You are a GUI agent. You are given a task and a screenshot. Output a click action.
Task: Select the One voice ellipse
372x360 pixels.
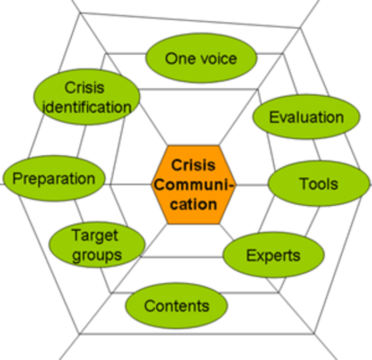click(x=201, y=58)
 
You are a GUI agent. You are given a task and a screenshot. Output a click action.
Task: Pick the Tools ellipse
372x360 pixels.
click(x=318, y=184)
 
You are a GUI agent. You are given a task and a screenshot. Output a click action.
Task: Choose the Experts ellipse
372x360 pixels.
click(x=273, y=255)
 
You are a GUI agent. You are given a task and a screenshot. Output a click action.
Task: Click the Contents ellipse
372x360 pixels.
click(x=176, y=306)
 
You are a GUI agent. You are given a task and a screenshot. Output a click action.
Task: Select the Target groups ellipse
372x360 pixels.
click(x=96, y=245)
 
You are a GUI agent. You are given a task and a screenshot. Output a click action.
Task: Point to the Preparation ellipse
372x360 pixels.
click(x=54, y=178)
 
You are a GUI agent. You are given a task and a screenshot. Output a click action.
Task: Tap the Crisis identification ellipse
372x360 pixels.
click(x=86, y=97)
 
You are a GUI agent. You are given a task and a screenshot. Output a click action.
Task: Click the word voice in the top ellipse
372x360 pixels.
click(x=218, y=58)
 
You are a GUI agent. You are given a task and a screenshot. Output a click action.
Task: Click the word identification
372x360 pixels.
click(x=87, y=107)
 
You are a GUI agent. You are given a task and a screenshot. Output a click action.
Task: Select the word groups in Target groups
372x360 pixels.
click(x=96, y=255)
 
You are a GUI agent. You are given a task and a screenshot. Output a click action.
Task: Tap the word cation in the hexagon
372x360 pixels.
click(x=193, y=204)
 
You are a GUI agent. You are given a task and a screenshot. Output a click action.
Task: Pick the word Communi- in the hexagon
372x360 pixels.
click(x=193, y=185)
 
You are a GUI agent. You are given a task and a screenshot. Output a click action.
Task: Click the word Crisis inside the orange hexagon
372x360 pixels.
click(x=193, y=165)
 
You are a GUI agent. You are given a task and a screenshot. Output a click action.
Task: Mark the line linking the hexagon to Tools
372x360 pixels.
click(x=251, y=185)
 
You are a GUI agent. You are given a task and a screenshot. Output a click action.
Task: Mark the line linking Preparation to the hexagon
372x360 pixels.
click(x=128, y=185)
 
